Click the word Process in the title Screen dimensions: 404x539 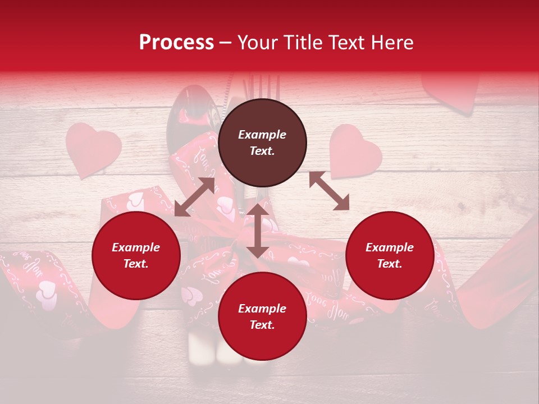(176, 43)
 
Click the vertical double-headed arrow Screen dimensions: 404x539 (258, 231)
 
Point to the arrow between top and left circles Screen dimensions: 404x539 (195, 196)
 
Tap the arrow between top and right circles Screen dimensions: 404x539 (329, 191)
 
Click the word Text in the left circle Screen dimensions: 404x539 (136, 264)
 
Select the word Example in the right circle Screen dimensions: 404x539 (390, 247)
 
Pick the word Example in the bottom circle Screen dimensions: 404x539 (262, 309)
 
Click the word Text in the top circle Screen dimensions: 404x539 (262, 151)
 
